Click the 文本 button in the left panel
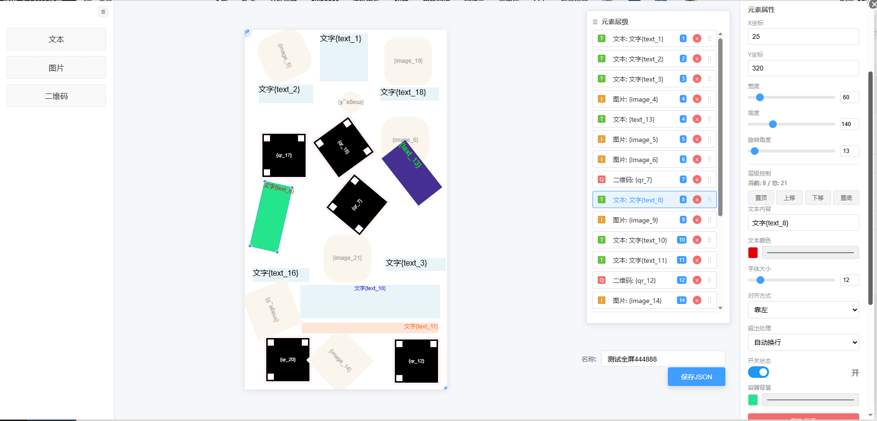56,39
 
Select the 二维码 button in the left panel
56,96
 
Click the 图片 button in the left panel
56,68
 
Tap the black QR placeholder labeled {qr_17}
284,155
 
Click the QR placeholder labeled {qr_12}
416,361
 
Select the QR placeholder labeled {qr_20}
288,360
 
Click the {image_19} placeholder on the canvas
408,61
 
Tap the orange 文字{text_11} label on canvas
420,327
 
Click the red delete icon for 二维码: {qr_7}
697,180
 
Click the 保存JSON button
696,377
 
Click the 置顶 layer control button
761,198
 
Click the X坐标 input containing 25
803,36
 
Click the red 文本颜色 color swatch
753,253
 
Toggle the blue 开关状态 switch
758,373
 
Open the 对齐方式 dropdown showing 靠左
803,310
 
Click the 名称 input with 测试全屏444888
663,359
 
